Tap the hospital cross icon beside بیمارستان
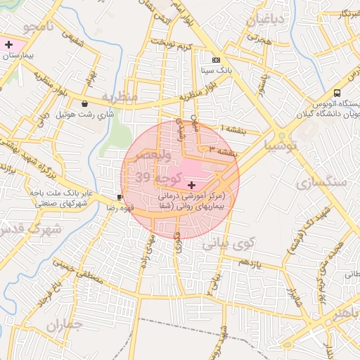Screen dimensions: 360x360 pyautogui.click(x=8, y=44)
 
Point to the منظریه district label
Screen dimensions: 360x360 pyautogui.click(x=117, y=96)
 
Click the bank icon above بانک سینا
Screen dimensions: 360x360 pyautogui.click(x=216, y=60)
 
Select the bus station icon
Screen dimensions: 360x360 pyautogui.click(x=337, y=92)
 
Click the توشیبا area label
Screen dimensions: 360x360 pyautogui.click(x=281, y=146)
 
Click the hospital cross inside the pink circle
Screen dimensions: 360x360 pyautogui.click(x=191, y=185)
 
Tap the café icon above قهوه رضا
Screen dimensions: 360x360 pyautogui.click(x=120, y=197)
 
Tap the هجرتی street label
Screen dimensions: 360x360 pyautogui.click(x=261, y=42)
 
